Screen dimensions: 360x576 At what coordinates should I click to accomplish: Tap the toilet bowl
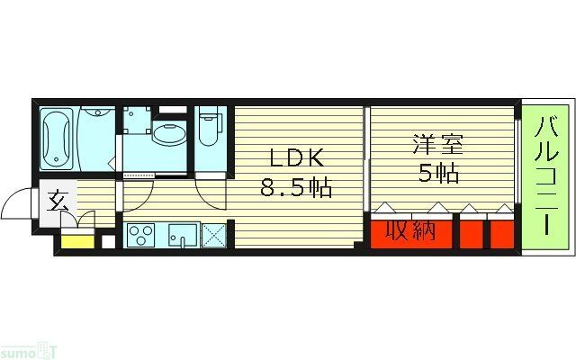(208, 131)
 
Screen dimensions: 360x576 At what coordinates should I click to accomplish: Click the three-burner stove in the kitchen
(141, 236)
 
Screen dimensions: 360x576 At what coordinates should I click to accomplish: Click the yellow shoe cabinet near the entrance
(78, 239)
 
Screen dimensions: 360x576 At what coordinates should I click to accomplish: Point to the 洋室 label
(436, 144)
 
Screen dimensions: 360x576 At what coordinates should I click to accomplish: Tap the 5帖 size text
(437, 173)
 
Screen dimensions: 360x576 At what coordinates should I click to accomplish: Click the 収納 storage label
(411, 231)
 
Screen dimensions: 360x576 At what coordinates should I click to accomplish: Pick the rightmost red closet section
(502, 233)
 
